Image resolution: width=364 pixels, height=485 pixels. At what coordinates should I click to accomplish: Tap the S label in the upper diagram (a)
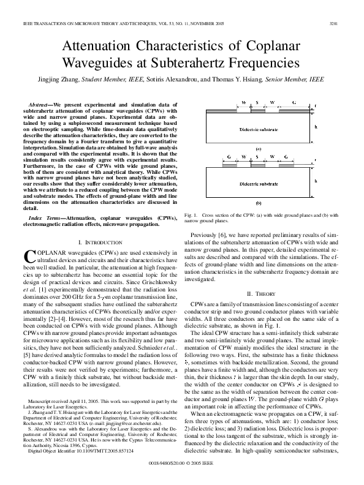257,102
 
